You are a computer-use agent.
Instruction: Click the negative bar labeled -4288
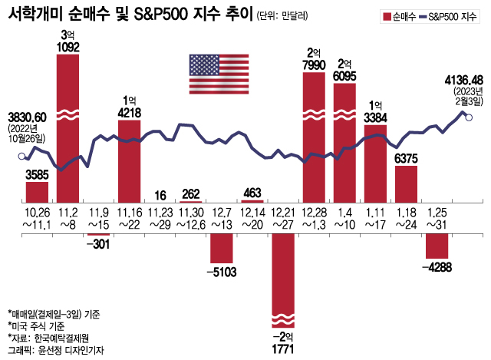coord(437,246)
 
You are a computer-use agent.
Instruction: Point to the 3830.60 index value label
coord(28,117)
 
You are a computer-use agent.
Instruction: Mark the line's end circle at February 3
coord(469,117)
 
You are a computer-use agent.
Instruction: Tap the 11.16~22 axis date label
coord(129,217)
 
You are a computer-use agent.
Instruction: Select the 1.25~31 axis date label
coord(437,217)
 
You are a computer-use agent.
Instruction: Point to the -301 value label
coord(98,245)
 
